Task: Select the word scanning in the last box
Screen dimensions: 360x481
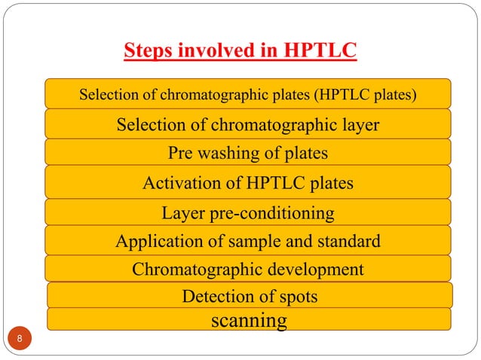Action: coord(249,321)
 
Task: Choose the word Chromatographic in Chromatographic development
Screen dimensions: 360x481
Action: coord(197,269)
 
